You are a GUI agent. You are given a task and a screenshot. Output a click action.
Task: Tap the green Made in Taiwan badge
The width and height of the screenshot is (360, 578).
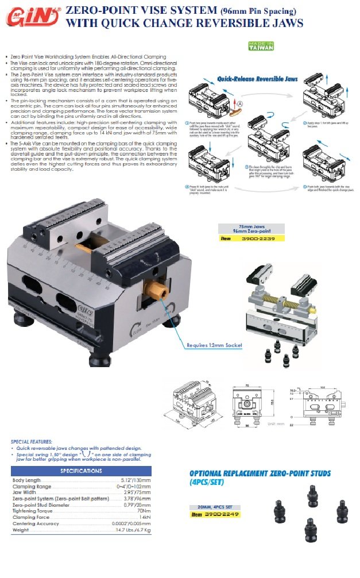[x=260, y=46]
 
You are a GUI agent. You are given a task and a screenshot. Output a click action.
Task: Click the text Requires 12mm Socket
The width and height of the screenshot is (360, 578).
[x=214, y=345]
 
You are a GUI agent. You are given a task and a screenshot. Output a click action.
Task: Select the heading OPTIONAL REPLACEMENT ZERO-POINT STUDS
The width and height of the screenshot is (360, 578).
[x=260, y=477]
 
